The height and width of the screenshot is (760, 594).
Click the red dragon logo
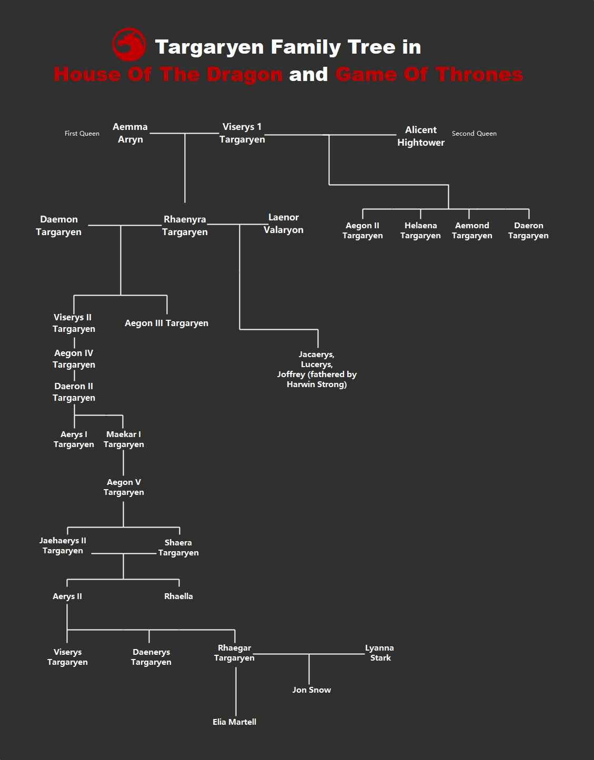click(129, 45)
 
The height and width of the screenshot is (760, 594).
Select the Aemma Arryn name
click(130, 133)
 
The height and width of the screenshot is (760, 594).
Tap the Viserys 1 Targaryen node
click(242, 133)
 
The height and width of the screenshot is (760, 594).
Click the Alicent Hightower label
click(421, 136)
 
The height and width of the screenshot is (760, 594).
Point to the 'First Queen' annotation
click(82, 134)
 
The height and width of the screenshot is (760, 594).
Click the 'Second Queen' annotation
click(474, 134)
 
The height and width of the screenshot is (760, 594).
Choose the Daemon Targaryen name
click(59, 226)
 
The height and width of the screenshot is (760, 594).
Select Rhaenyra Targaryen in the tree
click(185, 226)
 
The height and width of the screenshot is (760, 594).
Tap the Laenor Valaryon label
click(284, 224)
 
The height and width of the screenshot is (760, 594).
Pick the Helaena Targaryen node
click(420, 230)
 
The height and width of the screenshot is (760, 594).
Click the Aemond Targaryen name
click(472, 230)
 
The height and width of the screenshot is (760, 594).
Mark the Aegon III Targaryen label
click(166, 323)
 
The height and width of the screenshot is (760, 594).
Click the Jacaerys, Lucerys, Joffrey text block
click(317, 369)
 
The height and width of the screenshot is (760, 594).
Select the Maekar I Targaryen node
click(124, 439)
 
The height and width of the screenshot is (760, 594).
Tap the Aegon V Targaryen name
click(124, 487)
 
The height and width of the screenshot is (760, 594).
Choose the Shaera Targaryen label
click(178, 548)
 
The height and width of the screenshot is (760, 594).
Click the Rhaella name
click(178, 596)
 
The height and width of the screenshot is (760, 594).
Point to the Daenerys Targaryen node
click(151, 657)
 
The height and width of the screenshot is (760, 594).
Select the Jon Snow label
click(311, 690)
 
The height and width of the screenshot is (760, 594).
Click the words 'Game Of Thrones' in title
click(429, 74)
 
